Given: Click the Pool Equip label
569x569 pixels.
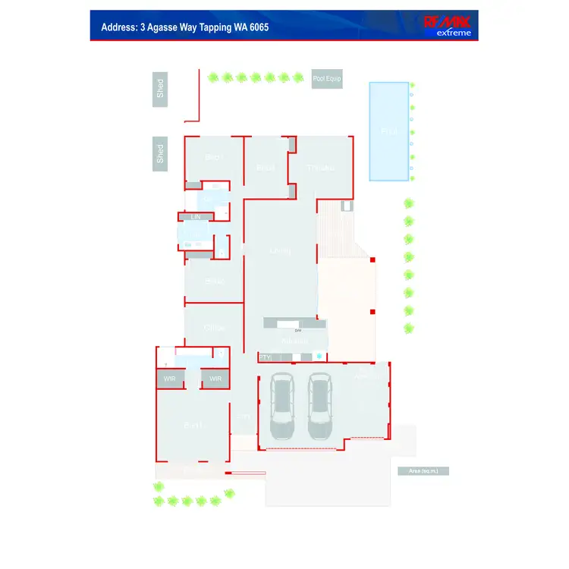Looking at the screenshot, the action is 327,79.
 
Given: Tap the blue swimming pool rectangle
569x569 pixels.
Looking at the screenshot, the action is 389,131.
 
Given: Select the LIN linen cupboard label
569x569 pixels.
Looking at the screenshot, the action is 196,217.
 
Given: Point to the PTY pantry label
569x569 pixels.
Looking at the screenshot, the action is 266,357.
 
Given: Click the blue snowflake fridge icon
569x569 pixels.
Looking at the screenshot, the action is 319,356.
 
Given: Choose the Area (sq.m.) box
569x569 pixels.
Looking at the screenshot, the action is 423,471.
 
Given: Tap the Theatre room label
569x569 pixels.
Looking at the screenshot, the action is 320,168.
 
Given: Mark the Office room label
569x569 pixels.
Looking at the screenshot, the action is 215,328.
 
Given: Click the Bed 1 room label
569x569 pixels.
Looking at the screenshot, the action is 193,426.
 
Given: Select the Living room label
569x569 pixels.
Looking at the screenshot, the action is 280,251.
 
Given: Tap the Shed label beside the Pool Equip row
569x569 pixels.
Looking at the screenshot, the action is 160,88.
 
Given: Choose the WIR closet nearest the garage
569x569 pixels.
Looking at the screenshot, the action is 215,379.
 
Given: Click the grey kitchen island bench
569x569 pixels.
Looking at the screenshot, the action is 295,323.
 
